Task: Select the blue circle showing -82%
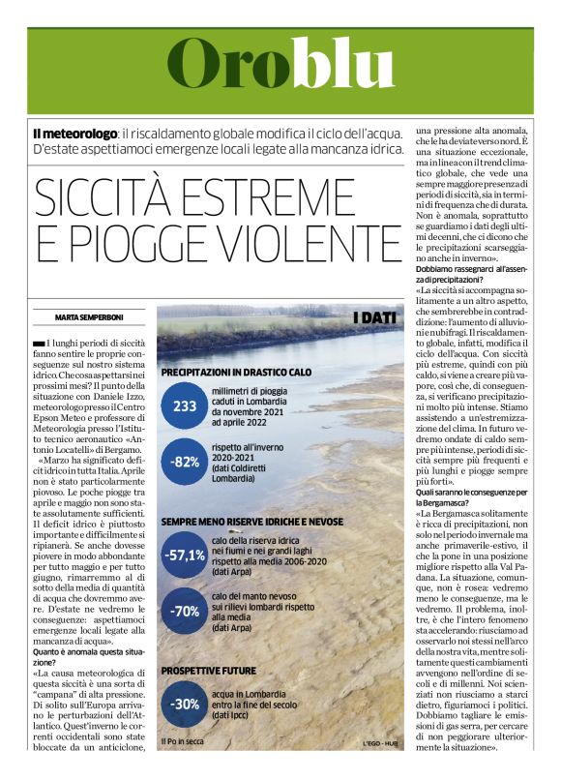[184, 461]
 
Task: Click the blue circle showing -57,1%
[184, 556]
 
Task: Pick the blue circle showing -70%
[184, 611]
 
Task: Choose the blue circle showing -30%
[184, 704]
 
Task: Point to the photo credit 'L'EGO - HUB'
[378, 742]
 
